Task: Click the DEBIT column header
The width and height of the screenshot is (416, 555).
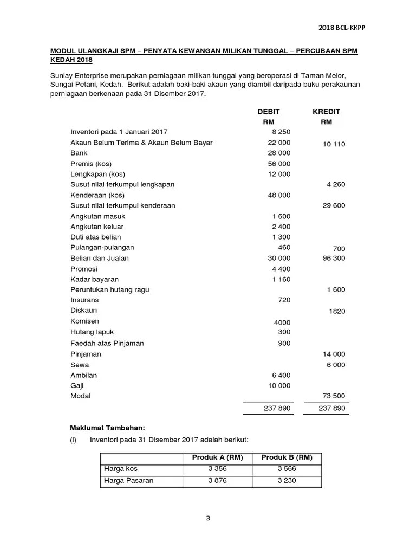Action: coord(269,111)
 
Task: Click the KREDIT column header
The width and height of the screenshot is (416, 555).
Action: coord(326,111)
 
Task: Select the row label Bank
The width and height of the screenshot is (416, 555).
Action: coord(79,153)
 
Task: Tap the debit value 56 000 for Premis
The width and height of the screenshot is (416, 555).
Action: coord(279,164)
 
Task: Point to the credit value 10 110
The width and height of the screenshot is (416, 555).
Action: coord(334,144)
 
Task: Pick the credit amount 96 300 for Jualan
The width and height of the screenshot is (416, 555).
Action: coord(334,258)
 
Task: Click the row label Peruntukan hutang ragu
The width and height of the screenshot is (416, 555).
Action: coord(110,289)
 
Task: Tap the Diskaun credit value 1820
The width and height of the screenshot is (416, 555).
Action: coord(336,311)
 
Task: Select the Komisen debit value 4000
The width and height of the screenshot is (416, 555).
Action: coord(282,322)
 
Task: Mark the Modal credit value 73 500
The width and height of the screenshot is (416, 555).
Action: coord(334,396)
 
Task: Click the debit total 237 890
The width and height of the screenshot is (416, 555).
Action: coord(277,408)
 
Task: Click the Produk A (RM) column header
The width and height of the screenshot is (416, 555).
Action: coord(218,457)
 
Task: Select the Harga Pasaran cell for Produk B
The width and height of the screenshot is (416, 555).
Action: coord(287,480)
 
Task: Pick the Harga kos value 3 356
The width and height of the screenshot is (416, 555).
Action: coord(218,469)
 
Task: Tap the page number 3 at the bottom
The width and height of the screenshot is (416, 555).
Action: coord(208,518)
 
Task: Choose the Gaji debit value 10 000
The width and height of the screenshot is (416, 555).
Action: coord(279,385)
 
